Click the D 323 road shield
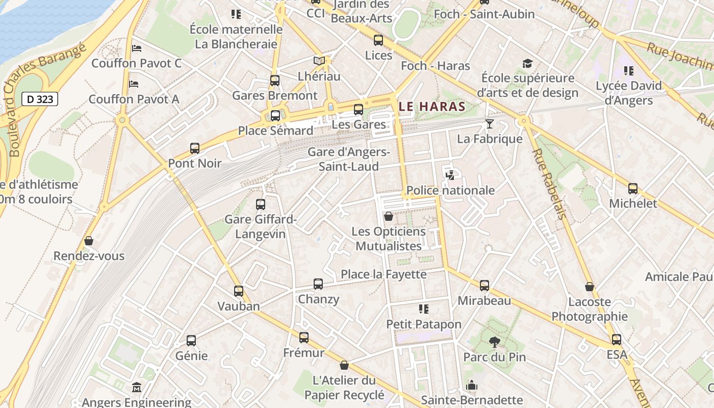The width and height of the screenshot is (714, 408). click(40, 99)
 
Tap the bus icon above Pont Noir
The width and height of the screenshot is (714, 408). click(195, 148)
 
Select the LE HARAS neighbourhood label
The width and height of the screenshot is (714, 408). click(432, 107)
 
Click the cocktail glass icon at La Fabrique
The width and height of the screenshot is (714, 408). click(490, 123)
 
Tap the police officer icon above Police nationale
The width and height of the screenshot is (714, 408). click(450, 175)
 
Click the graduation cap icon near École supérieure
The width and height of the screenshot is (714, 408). click(527, 63)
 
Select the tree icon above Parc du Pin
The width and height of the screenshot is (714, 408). click(494, 342)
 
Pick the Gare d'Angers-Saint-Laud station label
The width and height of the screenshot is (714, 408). click(349, 159)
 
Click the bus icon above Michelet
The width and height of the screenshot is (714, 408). click(633, 188)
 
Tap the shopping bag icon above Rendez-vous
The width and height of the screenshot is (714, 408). click(89, 240)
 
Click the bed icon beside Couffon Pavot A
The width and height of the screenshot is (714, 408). click(134, 84)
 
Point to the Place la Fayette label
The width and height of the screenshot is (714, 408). click(384, 274)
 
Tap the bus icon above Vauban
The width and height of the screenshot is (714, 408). click(239, 291)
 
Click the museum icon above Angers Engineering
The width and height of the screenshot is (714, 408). click(136, 388)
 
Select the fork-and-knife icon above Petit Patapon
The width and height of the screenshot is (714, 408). click(423, 309)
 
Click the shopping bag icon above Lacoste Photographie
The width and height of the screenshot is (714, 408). click(590, 287)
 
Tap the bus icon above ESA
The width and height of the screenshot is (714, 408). click(617, 339)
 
